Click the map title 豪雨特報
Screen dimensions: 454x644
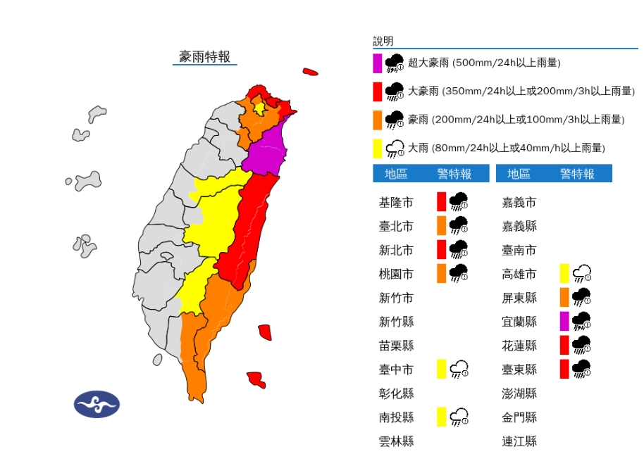tap(204, 57)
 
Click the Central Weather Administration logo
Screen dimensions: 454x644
tap(97, 403)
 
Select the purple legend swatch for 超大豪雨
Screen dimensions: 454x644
tap(378, 63)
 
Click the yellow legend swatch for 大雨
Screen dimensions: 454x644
tap(378, 148)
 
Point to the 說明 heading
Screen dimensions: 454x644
tap(383, 41)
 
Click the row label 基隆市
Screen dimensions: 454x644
tap(396, 203)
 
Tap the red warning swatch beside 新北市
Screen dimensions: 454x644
tap(441, 250)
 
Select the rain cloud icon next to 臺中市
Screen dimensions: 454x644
tap(460, 369)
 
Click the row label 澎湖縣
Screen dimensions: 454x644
tap(519, 393)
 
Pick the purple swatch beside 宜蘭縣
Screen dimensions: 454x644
tap(564, 321)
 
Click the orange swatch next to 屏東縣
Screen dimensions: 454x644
tap(564, 297)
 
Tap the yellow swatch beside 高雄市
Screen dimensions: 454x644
tap(564, 273)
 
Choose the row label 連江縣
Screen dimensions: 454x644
tap(519, 441)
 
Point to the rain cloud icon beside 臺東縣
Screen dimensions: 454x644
tap(581, 369)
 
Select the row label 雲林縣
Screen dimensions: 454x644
tap(396, 441)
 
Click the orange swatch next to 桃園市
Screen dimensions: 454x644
tap(441, 274)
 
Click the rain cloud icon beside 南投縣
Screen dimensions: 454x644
tap(460, 417)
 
